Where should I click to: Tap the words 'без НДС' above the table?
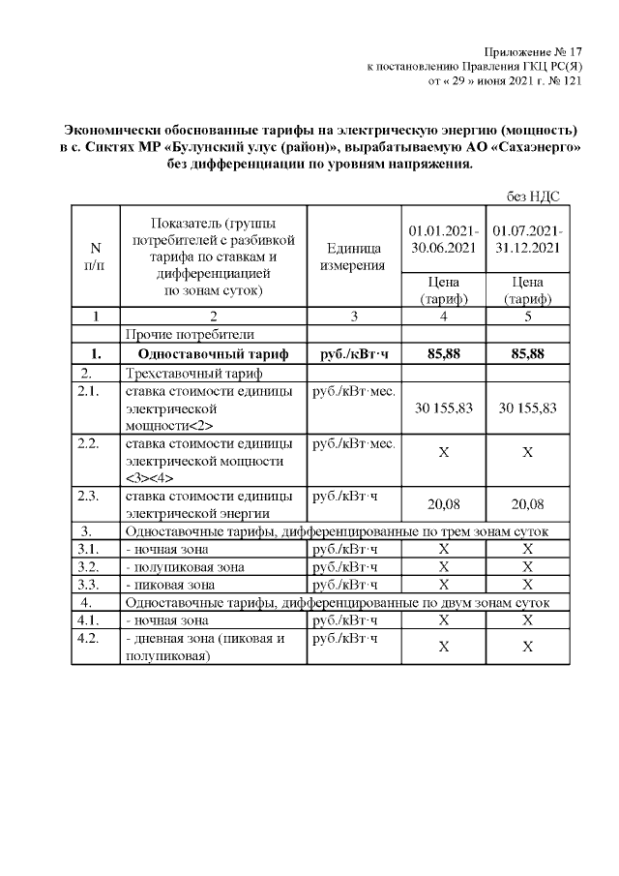[x=533, y=196]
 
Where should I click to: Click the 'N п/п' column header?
[x=94, y=257]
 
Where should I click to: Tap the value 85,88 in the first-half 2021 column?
[x=443, y=354]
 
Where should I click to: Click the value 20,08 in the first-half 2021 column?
[x=443, y=503]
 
